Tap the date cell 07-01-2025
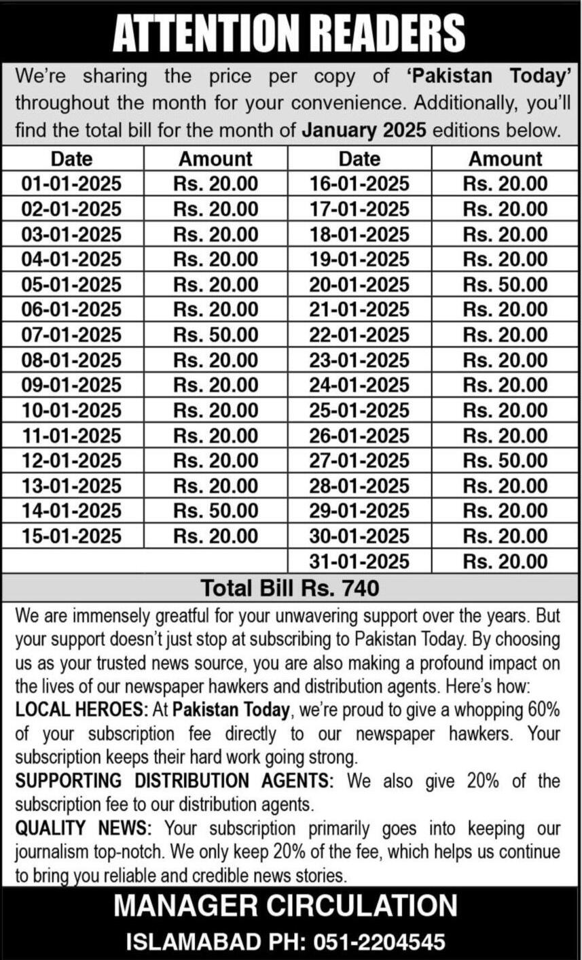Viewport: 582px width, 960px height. pyautogui.click(x=71, y=335)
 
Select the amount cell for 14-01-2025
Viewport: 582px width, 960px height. pyautogui.click(x=216, y=511)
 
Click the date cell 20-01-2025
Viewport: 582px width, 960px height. pyautogui.click(x=359, y=285)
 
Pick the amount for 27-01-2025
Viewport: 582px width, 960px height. pyautogui.click(x=505, y=460)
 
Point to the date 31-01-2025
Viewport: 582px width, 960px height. pyautogui.click(x=359, y=561)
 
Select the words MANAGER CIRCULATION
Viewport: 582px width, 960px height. pyautogui.click(x=285, y=906)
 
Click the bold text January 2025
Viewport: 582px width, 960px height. pyautogui.click(x=364, y=130)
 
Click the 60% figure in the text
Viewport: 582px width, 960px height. pyautogui.click(x=543, y=710)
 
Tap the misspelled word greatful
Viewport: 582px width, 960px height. pyautogui.click(x=187, y=616)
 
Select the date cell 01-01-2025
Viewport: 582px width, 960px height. pyautogui.click(x=71, y=184)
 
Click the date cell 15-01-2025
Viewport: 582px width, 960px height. pyautogui.click(x=71, y=536)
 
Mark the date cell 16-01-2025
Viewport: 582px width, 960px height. pyautogui.click(x=359, y=184)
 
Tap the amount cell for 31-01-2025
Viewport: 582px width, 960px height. pyautogui.click(x=505, y=561)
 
